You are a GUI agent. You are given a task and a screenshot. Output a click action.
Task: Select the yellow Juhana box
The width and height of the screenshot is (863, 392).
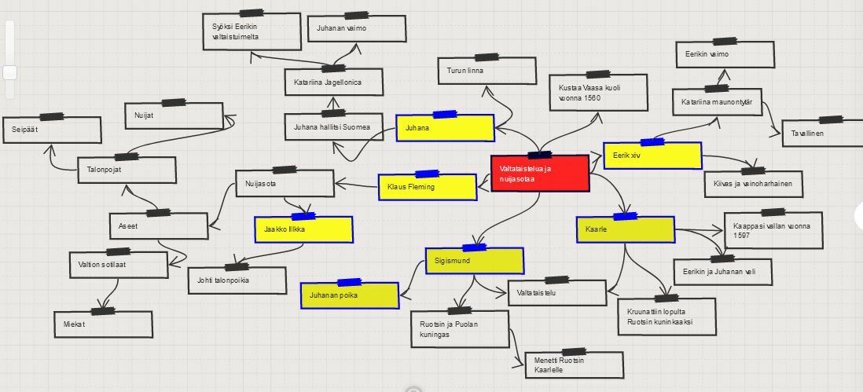pos(445,128)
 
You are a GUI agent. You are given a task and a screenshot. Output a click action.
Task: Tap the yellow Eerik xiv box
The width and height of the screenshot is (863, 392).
pos(652,156)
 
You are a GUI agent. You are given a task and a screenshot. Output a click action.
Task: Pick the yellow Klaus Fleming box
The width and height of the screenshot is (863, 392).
pos(427,187)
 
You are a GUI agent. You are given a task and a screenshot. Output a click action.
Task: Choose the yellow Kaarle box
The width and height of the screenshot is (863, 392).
pos(625,229)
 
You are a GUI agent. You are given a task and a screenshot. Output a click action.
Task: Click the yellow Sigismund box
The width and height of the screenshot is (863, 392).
pos(474,260)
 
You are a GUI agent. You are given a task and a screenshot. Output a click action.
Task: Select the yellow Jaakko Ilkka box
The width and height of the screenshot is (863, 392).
pos(303,229)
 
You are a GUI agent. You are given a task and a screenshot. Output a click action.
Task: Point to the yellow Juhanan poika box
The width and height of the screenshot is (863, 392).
pos(350,295)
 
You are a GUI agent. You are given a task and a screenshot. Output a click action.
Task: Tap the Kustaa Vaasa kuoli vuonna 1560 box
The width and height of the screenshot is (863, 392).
pos(597,93)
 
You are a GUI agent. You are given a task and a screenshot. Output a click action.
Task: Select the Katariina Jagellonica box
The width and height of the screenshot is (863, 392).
pos(333,82)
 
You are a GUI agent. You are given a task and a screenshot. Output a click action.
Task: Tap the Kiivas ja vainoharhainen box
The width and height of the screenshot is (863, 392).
pos(753,184)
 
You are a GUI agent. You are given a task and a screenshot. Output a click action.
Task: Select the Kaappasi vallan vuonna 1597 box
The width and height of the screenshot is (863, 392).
pos(772,229)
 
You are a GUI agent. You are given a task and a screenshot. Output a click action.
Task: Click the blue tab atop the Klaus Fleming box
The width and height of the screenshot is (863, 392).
pos(427,173)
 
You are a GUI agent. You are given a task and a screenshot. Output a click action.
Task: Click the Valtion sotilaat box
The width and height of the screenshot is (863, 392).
pos(118,264)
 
